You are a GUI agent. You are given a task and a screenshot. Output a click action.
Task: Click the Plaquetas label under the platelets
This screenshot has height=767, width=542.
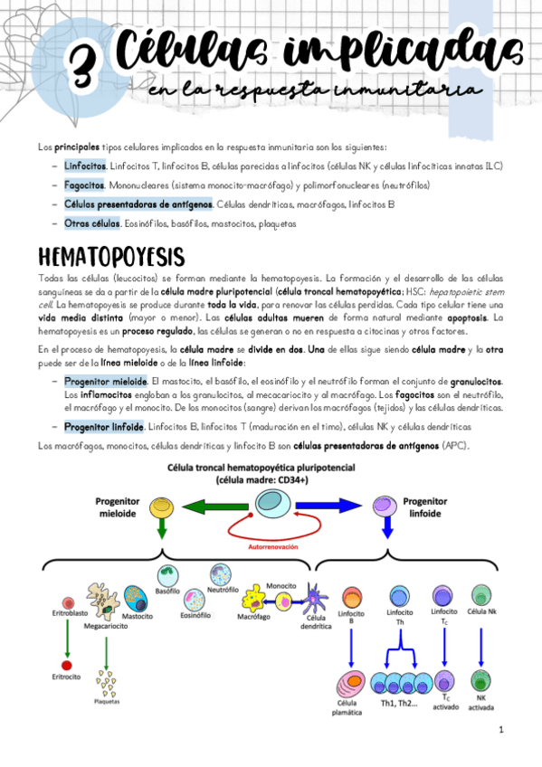107,700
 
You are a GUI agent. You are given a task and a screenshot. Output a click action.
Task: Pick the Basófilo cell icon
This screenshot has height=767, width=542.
168,575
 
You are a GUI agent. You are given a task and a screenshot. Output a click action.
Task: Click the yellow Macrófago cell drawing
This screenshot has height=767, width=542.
255,599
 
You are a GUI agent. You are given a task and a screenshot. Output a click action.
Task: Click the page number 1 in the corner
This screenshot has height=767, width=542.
501,729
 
